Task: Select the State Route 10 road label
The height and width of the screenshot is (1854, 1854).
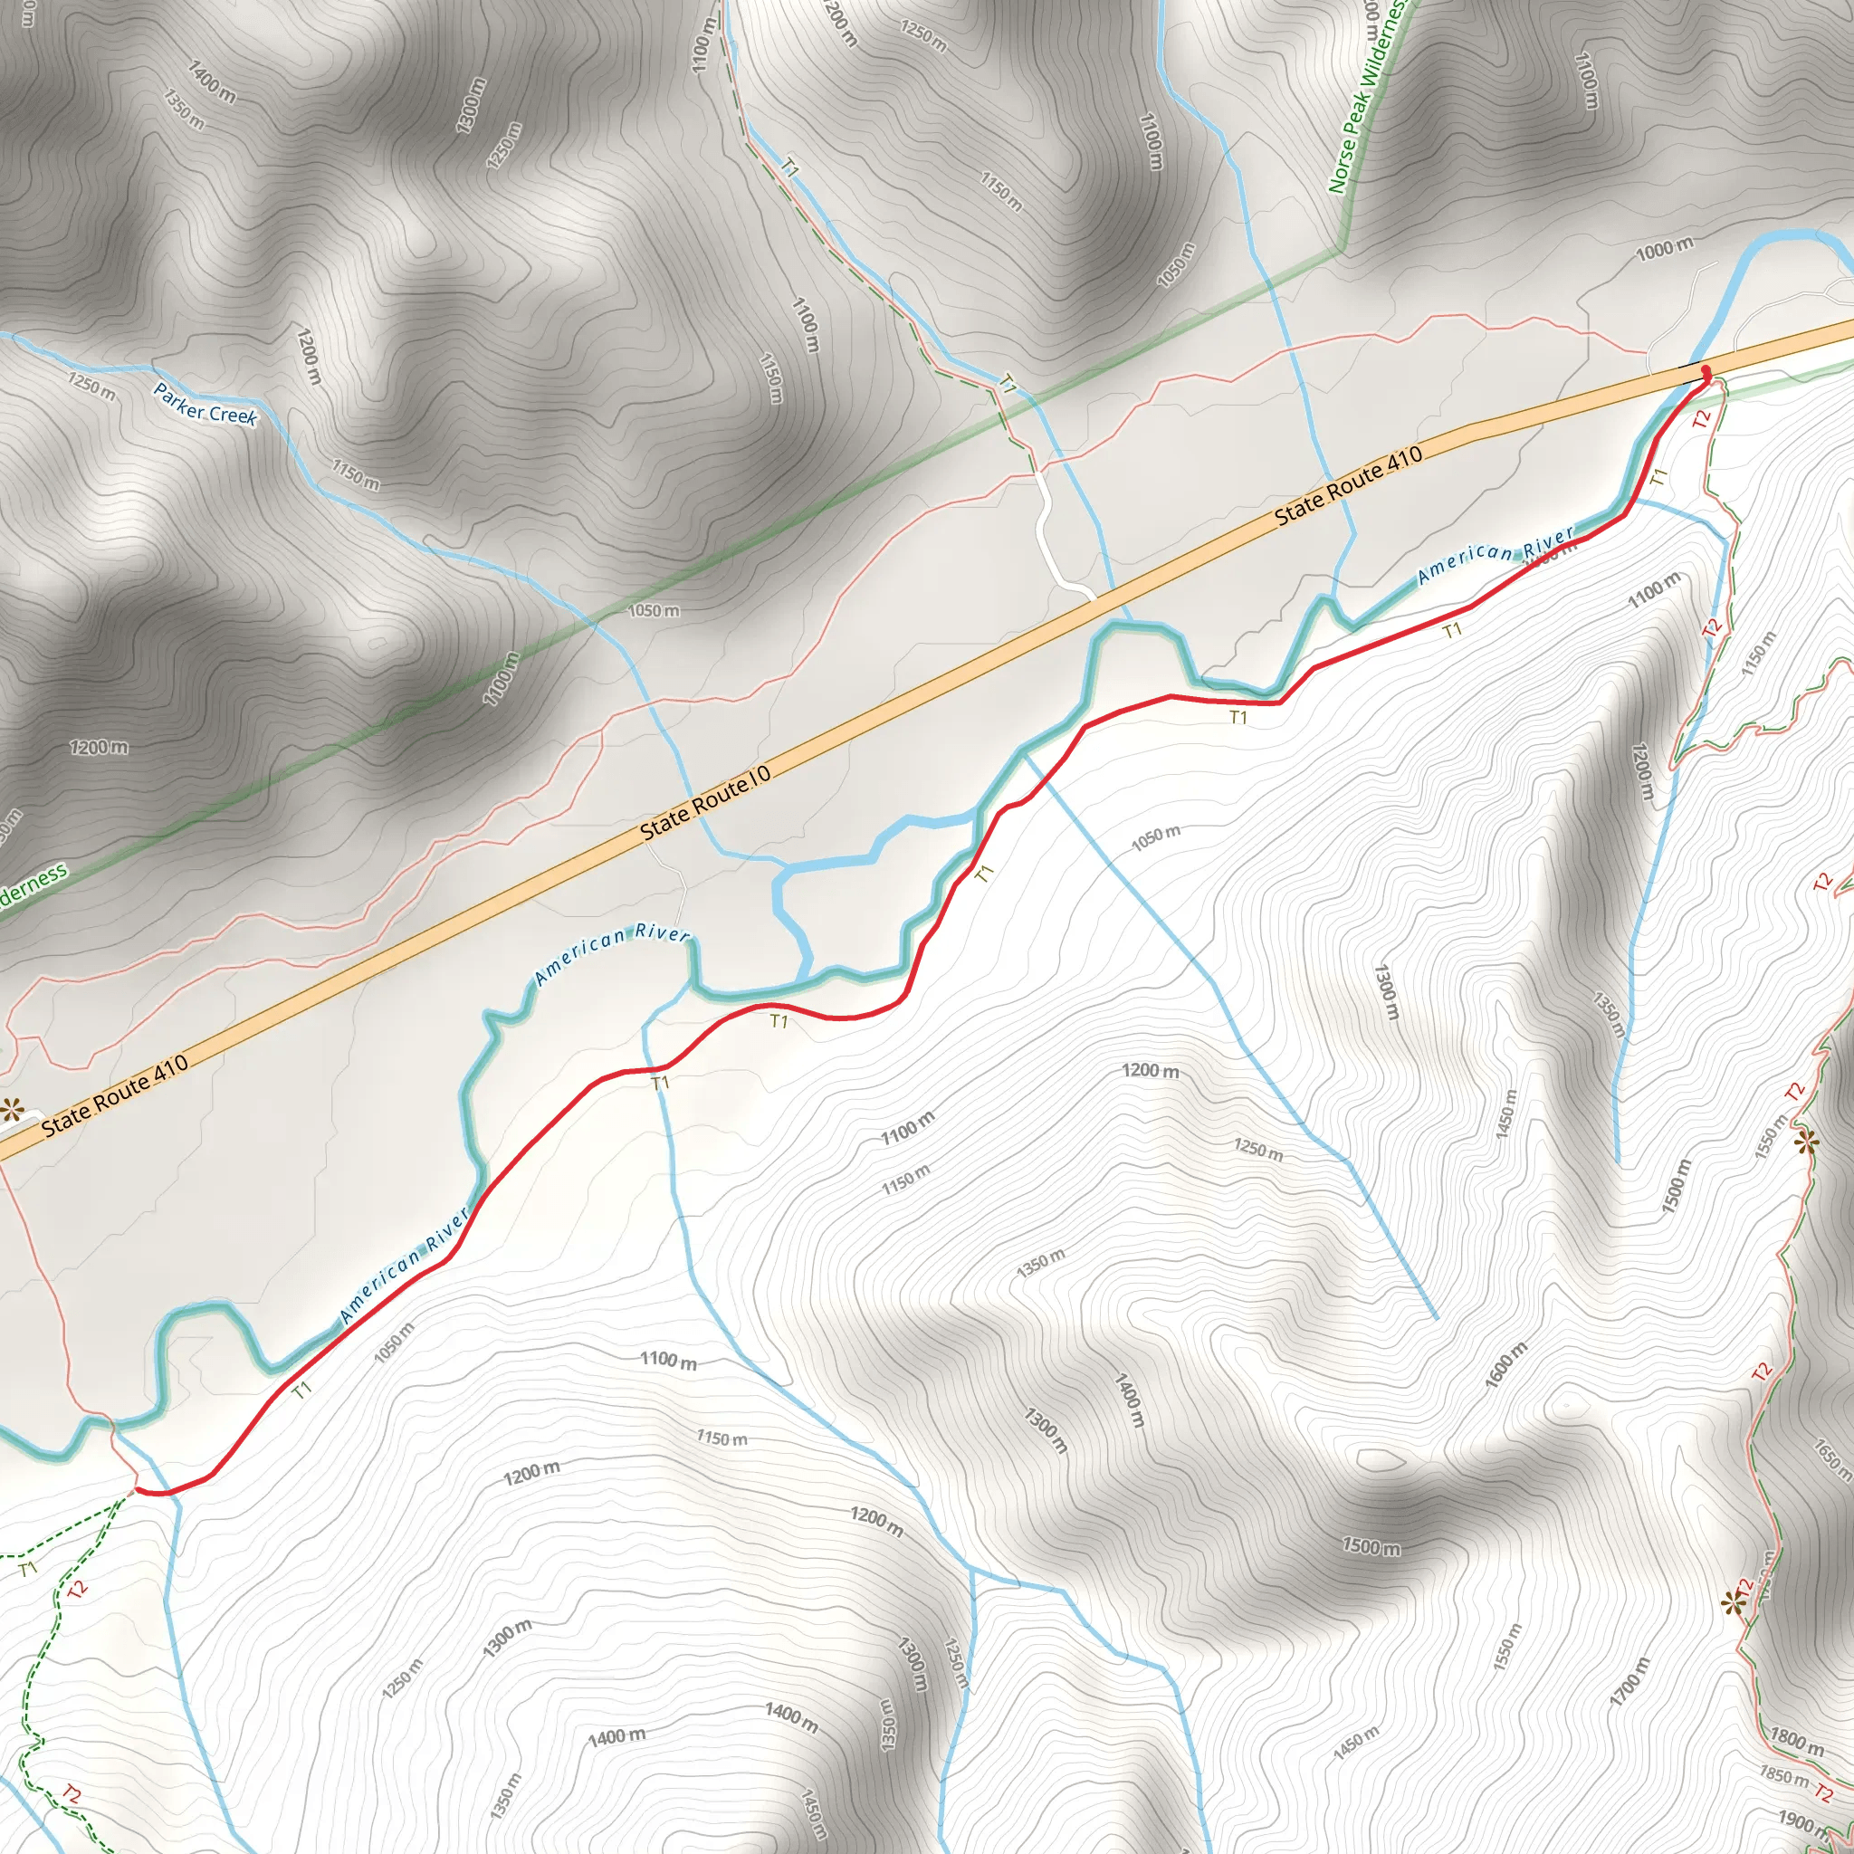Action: point(705,804)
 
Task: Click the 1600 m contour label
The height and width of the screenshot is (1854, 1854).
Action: point(1505,1364)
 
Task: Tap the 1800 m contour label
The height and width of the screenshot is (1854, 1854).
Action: point(1796,1742)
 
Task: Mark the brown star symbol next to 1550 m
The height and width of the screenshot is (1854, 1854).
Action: point(1807,1141)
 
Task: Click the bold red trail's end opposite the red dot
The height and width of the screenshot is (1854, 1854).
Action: point(138,1490)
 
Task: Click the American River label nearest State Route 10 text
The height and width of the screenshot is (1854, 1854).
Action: point(611,954)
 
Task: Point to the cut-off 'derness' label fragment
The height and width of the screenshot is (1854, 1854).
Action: point(32,884)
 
